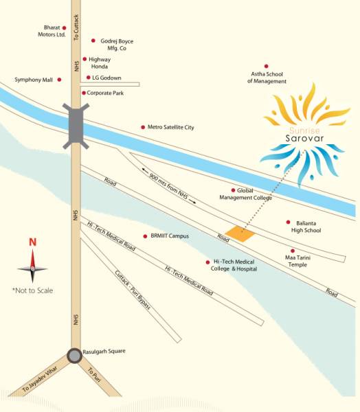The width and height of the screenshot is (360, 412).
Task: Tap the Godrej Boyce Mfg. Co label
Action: pyautogui.click(x=117, y=45)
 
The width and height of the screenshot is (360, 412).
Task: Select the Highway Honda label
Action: pyautogui.click(x=101, y=63)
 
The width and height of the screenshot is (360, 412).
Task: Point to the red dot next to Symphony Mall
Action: pyautogui.click(x=59, y=80)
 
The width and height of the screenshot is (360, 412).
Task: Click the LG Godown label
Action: pyautogui.click(x=106, y=78)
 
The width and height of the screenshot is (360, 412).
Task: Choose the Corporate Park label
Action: pyautogui.click(x=108, y=92)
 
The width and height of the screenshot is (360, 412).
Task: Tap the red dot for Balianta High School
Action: pyautogui.click(x=288, y=222)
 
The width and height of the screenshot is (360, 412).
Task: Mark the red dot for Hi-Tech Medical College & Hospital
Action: pyautogui.click(x=207, y=262)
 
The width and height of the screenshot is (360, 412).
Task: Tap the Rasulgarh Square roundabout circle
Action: pyautogui.click(x=74, y=356)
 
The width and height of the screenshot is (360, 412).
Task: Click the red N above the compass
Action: pyautogui.click(x=32, y=242)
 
